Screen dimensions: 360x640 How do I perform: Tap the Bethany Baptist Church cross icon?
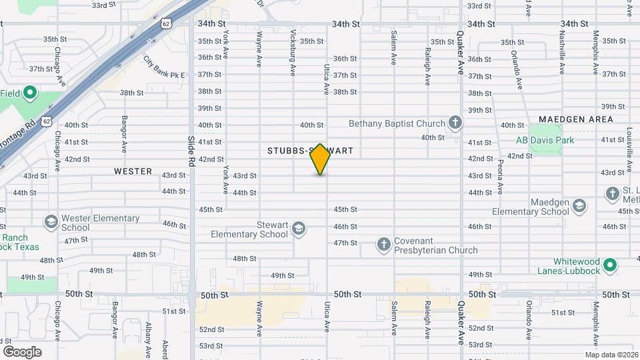pyautogui.click(x=455, y=123)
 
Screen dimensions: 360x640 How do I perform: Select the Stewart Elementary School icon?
pyautogui.click(x=298, y=229)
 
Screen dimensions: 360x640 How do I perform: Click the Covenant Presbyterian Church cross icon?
pyautogui.click(x=383, y=245)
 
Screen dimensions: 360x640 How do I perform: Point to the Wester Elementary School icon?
pyautogui.click(x=51, y=221)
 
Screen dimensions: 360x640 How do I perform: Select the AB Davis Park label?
pyautogui.click(x=545, y=140)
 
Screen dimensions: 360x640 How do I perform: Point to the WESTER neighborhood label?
pyautogui.click(x=133, y=171)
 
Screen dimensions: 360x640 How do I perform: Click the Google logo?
pyautogui.click(x=22, y=351)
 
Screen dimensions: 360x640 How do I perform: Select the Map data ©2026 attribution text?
pyautogui.click(x=611, y=355)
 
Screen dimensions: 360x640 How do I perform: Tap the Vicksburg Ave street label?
pyautogui.click(x=293, y=47)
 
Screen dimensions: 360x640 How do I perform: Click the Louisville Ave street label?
pyautogui.click(x=629, y=151)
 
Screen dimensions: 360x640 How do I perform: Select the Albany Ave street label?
pyautogui.click(x=148, y=337)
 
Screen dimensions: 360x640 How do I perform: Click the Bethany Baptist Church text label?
pyautogui.click(x=397, y=123)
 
